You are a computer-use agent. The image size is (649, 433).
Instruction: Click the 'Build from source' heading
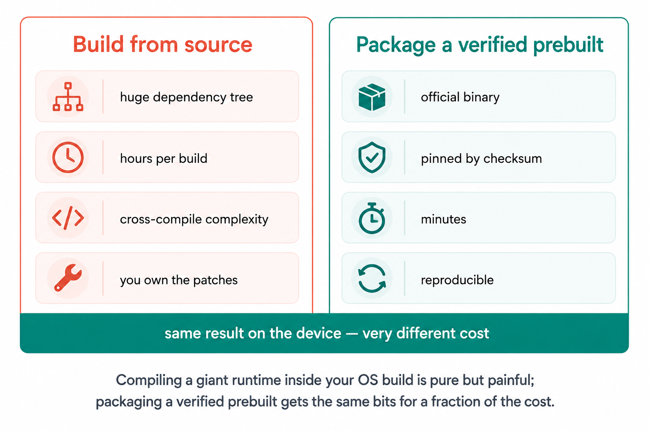163,44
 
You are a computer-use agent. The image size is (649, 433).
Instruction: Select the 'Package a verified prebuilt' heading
480,45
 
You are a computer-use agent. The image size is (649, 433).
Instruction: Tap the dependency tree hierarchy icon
68,96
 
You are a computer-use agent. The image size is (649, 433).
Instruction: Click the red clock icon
68,157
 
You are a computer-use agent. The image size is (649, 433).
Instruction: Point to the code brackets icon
68,218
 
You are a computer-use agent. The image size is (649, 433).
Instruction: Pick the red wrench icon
68,278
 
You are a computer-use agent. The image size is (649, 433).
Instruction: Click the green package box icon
372,97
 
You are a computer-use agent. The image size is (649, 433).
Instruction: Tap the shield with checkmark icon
372,157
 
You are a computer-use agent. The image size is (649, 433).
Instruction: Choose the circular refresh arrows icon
372,278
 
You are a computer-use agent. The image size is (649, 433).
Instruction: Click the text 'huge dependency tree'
186,97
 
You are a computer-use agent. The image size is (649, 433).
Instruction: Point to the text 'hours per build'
164,159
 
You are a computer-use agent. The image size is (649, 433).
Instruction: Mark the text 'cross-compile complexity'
194,219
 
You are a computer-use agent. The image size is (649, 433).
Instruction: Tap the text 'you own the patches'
179,280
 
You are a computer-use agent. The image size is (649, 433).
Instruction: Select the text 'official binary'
460,97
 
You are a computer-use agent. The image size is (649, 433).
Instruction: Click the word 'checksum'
513,159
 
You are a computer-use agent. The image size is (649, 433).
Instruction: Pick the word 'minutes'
444,219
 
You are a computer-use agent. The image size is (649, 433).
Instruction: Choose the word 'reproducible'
457,280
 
